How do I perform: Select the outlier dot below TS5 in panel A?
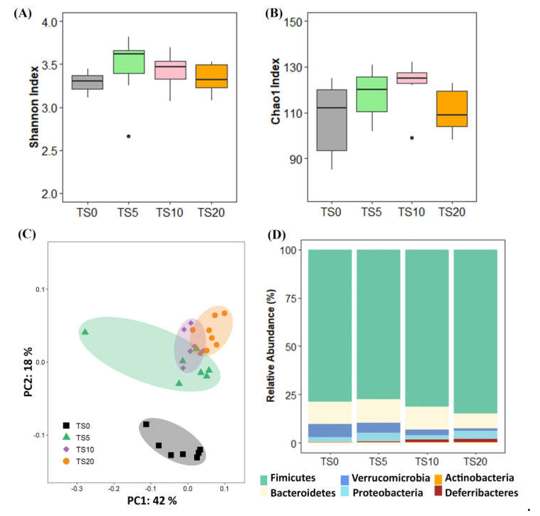(128, 136)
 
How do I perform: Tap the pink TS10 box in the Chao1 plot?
(412, 78)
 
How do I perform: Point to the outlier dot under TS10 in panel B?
(412, 138)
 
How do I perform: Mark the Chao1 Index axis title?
(275, 91)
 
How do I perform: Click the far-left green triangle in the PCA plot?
(85, 332)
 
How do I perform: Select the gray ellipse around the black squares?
(172, 441)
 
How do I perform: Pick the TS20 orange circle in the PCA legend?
(66, 461)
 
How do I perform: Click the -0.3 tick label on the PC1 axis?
(76, 489)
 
